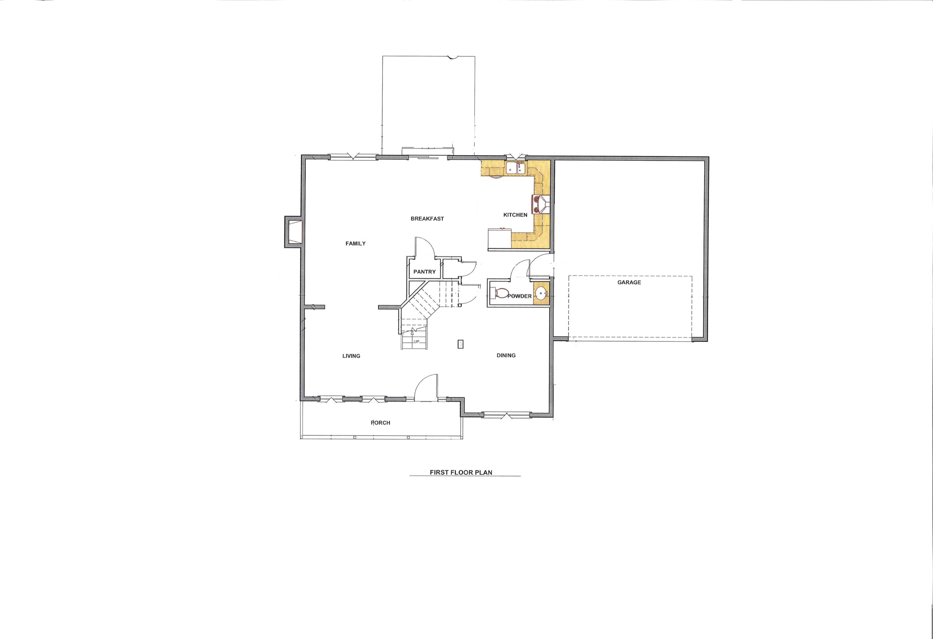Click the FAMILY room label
pyautogui.click(x=355, y=244)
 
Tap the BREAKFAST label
pyautogui.click(x=427, y=218)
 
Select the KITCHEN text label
pyautogui.click(x=515, y=215)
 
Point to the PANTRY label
pyautogui.click(x=424, y=272)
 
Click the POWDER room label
pyautogui.click(x=519, y=296)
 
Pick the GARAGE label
pyautogui.click(x=629, y=283)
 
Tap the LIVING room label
pyautogui.click(x=351, y=356)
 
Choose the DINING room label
pyautogui.click(x=506, y=355)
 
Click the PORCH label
pyautogui.click(x=380, y=422)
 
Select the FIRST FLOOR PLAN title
pyautogui.click(x=461, y=473)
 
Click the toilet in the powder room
pyautogui.click(x=499, y=293)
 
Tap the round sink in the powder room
pyautogui.click(x=541, y=293)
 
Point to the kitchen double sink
pyautogui.click(x=516, y=168)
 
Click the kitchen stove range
pyautogui.click(x=541, y=204)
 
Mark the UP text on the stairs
pyautogui.click(x=416, y=342)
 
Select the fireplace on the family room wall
pyautogui.click(x=293, y=231)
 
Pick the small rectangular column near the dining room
pyautogui.click(x=460, y=344)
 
